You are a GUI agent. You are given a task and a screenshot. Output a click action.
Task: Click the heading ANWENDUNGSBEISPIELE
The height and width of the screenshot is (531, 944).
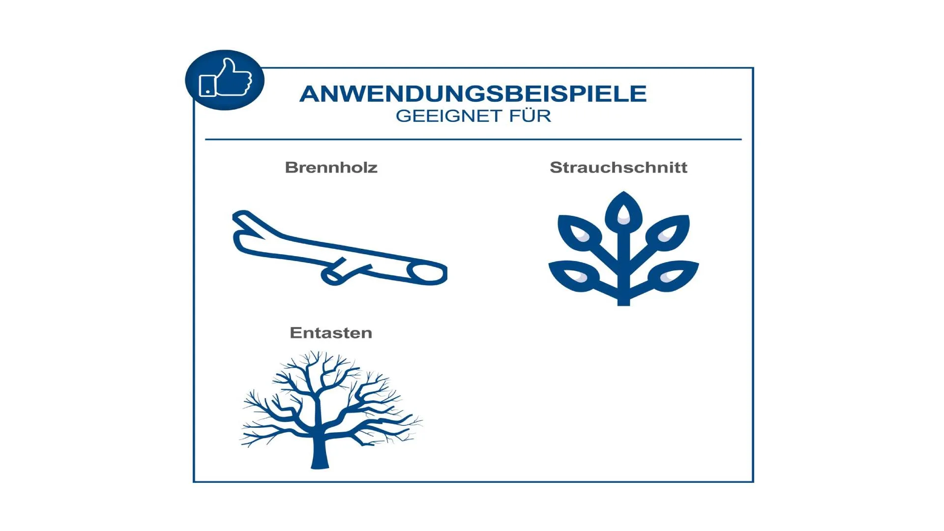click(473, 94)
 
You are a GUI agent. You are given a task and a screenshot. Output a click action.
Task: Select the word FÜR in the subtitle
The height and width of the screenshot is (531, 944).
click(530, 116)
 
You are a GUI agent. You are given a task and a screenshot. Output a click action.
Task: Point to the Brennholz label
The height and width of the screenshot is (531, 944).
click(331, 167)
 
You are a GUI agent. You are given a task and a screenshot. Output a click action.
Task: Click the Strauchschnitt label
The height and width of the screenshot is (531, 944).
click(619, 167)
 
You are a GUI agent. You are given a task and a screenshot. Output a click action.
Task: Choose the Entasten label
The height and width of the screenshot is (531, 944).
click(331, 333)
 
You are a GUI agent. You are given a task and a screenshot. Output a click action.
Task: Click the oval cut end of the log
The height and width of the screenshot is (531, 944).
click(427, 273)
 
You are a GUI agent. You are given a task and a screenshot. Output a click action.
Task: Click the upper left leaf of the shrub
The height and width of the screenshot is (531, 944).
click(579, 231)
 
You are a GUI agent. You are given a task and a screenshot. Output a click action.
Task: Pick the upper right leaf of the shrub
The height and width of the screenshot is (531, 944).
click(668, 231)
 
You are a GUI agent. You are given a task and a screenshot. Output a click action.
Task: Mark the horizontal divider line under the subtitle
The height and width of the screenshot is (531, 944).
click(473, 140)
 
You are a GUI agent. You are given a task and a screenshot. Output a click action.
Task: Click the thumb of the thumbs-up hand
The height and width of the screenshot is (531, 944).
click(229, 67)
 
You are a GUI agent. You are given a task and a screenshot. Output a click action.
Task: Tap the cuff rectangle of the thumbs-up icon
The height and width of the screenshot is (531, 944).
click(207, 86)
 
